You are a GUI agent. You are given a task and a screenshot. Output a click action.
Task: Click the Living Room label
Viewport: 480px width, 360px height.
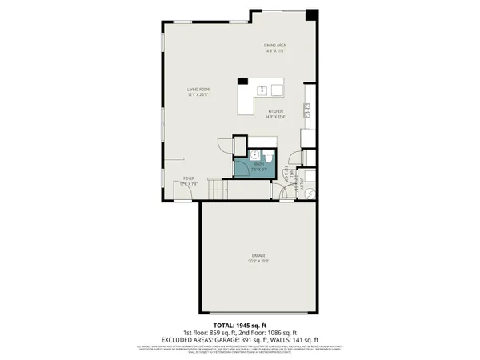coord(198,91)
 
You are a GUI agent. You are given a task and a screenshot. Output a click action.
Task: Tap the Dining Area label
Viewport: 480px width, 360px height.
coord(275,47)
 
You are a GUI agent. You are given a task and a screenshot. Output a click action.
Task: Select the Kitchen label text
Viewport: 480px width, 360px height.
coord(276,114)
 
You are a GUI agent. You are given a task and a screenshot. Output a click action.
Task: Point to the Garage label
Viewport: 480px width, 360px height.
coord(257,257)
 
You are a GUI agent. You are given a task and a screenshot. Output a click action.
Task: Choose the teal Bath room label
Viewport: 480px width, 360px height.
coord(258,166)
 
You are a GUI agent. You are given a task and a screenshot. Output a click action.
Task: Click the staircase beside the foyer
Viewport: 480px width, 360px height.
coord(217,190)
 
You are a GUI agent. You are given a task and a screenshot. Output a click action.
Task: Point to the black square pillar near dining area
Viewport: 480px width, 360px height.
coord(312,14)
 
